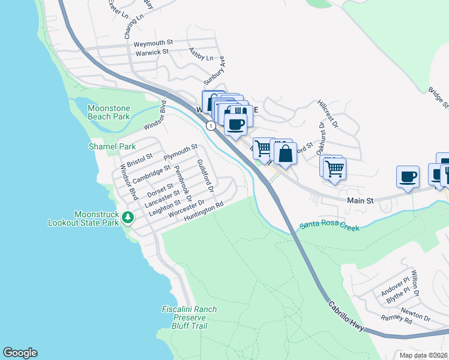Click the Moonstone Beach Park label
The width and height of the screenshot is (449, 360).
click(109, 112)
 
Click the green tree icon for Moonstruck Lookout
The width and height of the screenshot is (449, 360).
click(127, 217)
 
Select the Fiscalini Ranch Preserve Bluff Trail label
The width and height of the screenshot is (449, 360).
click(189, 317)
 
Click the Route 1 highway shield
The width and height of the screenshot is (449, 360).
click(211, 125)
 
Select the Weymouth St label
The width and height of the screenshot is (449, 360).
click(153, 43)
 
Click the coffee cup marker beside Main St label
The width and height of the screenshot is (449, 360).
click(408, 176)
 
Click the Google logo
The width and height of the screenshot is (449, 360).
click(20, 352)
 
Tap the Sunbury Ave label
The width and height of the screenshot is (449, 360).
click(213, 71)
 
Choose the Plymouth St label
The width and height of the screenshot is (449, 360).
click(181, 151)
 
